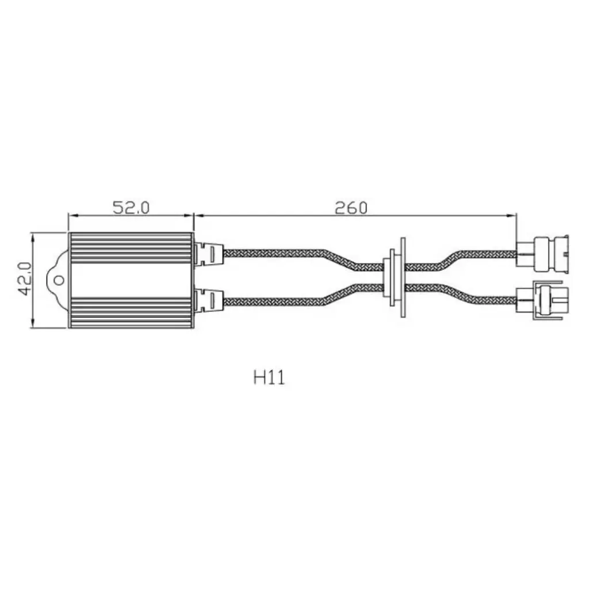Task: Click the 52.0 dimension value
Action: point(131,207)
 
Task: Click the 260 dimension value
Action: point(350,207)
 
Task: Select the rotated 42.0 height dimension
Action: point(25,279)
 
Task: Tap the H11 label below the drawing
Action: point(269,378)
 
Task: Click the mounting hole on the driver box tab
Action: point(59,280)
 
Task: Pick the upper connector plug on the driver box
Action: point(208,253)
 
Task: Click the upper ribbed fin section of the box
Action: point(131,248)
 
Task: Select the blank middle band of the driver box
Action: point(131,280)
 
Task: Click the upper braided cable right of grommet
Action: point(483,253)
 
